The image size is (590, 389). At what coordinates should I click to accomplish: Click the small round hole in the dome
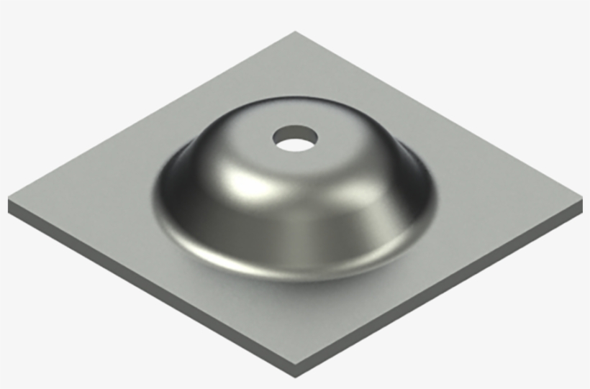[x=295, y=138]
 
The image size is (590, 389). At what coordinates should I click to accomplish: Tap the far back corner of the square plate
[x=296, y=32]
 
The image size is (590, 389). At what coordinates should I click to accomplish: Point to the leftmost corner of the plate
[x=9, y=198]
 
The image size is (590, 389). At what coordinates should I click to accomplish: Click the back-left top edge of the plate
[x=151, y=115]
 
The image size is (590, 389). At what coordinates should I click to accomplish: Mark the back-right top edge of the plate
[x=439, y=111]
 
